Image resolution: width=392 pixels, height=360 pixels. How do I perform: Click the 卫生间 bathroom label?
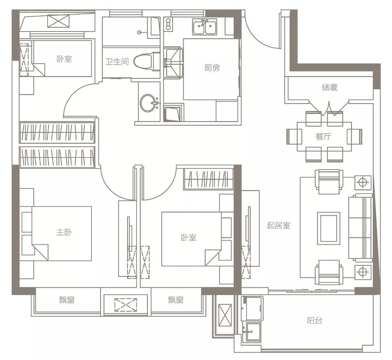[117, 62]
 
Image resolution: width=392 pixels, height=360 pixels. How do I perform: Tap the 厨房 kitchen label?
[212, 68]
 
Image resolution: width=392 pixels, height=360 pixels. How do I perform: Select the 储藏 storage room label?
[330, 87]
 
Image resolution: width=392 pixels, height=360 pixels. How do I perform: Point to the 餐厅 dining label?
[323, 136]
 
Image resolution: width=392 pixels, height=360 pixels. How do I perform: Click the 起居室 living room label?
[278, 225]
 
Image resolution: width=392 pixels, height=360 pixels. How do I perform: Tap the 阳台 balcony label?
[314, 321]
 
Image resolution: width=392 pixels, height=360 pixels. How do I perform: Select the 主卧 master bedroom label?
[64, 232]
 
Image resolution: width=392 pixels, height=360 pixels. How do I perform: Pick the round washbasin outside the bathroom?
[149, 103]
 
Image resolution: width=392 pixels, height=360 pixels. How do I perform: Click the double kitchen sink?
[205, 26]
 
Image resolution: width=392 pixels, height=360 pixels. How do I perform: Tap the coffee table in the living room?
[328, 228]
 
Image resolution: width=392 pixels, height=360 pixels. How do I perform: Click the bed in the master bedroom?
[61, 234]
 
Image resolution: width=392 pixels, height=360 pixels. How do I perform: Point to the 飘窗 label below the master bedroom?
[66, 300]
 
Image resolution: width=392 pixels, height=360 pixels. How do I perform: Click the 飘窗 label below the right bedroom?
[176, 300]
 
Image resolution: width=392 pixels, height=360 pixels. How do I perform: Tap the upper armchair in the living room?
[329, 182]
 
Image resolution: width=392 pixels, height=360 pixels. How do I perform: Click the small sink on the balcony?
[253, 331]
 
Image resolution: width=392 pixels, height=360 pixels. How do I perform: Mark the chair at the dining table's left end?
[294, 137]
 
